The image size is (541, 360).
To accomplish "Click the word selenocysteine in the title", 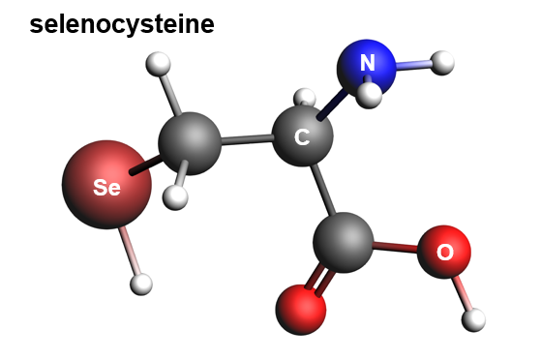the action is [122, 25].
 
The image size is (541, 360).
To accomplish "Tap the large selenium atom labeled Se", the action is [106, 185].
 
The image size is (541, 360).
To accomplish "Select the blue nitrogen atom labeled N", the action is [367, 67].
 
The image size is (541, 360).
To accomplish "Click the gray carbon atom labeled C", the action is [303, 136].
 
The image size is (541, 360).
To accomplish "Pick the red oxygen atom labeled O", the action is [444, 252].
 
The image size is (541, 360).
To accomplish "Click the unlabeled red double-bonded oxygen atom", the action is [301, 310].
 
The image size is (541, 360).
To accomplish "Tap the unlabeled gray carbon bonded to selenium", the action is [190, 143].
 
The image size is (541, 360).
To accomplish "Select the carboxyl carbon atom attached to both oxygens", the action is [343, 243].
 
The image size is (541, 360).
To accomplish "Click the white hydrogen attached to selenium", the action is [141, 285].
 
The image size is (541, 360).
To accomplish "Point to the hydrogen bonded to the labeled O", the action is [473, 320].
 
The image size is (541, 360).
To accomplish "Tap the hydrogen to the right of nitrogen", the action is [442, 63].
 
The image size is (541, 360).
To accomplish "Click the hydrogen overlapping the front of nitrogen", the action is [369, 96].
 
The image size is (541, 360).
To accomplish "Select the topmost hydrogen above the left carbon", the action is [158, 64].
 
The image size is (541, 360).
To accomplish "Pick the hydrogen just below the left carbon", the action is [175, 197].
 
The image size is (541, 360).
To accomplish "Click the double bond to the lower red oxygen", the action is [318, 281].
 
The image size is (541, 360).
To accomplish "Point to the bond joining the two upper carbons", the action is [247, 139].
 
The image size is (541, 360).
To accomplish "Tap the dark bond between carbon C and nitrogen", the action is [330, 105].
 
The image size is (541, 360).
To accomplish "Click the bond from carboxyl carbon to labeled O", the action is [396, 247].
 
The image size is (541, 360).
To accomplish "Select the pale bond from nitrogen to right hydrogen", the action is [413, 64].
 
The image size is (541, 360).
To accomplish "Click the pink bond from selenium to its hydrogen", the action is [130, 251].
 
